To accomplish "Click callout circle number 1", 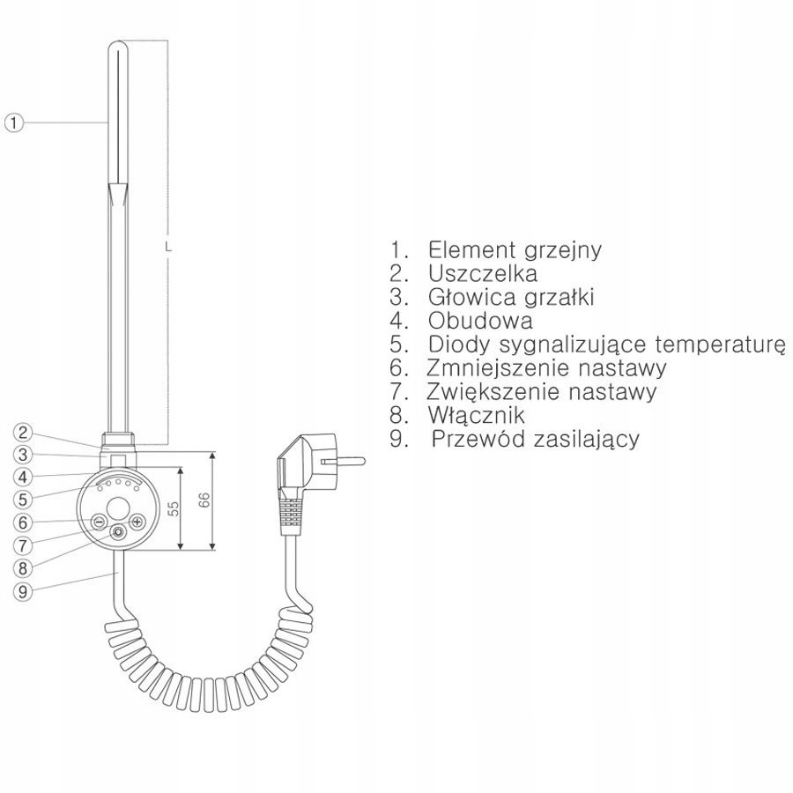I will click(x=12, y=122).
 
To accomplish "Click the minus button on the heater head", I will click(x=99, y=522).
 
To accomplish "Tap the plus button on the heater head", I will click(x=137, y=522).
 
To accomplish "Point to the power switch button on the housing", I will click(x=117, y=532).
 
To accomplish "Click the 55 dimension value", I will click(x=174, y=508).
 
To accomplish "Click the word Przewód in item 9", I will click(x=472, y=439).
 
